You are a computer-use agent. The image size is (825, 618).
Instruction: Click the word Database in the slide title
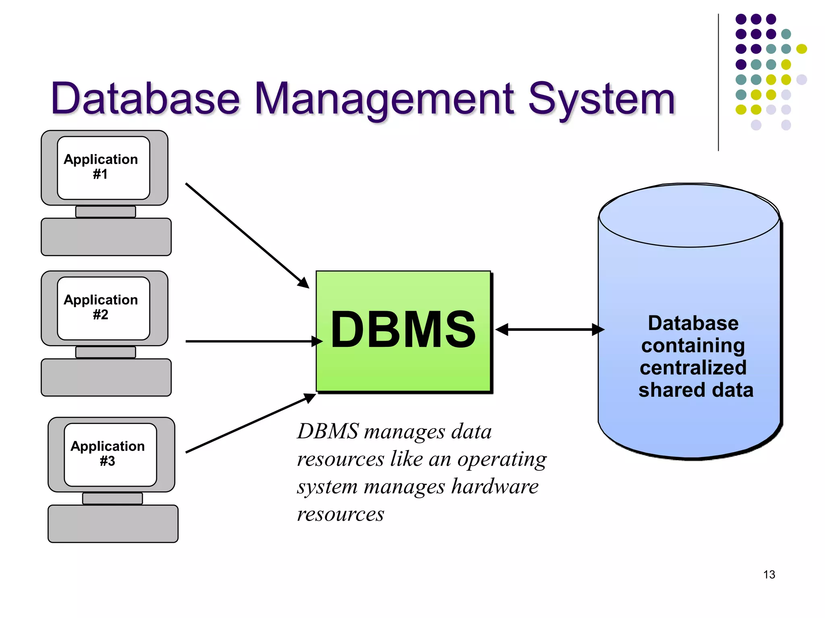coord(145,99)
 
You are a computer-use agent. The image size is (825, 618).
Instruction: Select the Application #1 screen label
coord(101,166)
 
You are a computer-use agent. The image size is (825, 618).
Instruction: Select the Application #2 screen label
coord(101,307)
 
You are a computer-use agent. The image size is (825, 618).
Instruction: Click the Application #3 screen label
coord(108,453)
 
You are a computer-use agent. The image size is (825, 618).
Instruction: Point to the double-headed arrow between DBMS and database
coord(550,330)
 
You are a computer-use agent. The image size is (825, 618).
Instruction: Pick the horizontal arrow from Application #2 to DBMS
coord(250,341)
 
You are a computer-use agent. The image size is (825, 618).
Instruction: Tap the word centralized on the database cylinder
coord(693,367)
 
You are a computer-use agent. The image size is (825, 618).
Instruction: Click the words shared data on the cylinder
coord(696,390)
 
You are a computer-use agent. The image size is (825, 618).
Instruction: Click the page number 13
coord(769,574)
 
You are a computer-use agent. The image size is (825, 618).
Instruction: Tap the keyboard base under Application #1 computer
coord(106,237)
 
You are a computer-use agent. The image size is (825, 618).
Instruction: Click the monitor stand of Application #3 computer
coord(112,499)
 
